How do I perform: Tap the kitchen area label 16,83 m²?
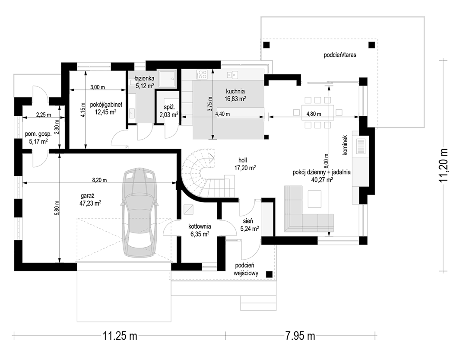click(235, 99)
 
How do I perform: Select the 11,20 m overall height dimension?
click(444, 166)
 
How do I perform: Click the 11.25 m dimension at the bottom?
click(120, 336)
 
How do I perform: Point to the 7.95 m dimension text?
click(300, 336)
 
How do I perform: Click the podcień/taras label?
click(340, 55)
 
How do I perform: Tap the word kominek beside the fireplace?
click(346, 145)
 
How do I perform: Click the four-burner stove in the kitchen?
click(202, 74)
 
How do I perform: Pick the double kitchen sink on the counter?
click(232, 75)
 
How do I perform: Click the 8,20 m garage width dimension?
click(99, 180)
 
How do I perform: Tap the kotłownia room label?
click(200, 227)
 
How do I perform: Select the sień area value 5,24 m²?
click(250, 228)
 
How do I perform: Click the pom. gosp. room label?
click(38, 134)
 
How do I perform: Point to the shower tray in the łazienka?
click(168, 78)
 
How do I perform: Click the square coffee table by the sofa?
click(314, 199)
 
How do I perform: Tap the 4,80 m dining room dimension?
click(314, 114)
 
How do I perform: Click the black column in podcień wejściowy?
click(269, 274)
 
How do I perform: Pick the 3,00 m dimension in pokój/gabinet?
click(98, 87)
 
